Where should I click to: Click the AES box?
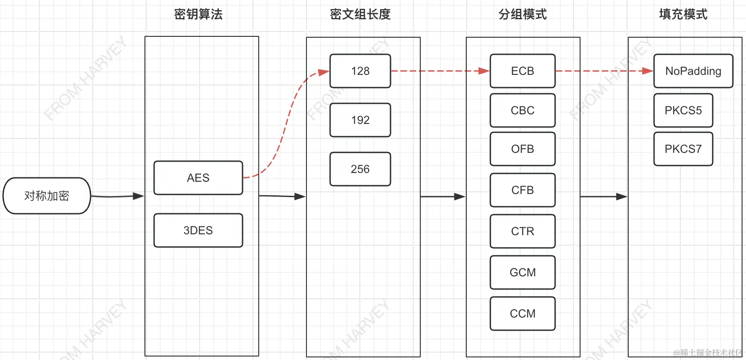point(198,178)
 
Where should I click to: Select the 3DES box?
point(198,230)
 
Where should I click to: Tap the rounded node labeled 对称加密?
point(47,196)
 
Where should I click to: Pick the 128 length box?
point(360,71)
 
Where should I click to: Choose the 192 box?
point(360,120)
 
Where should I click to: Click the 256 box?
point(360,169)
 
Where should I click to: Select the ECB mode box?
point(522,71)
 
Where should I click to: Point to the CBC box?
point(522,110)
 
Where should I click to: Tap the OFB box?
point(522,149)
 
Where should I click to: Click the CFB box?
point(522,190)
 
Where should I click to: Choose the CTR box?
point(522,231)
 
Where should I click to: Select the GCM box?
point(522,272)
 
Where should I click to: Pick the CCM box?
point(522,314)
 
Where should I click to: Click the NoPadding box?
point(693,71)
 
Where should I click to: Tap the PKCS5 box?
point(683,110)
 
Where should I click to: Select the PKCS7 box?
point(683,149)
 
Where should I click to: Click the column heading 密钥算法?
point(198,14)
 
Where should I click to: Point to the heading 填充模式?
point(683,14)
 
